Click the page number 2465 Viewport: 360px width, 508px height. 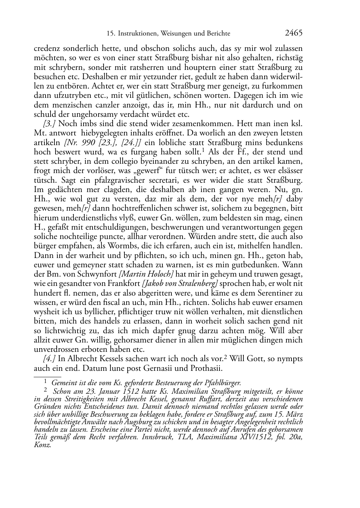pos(294,33)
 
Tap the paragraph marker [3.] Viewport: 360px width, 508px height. pos(49,124)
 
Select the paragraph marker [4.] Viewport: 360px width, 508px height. pos(49,359)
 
